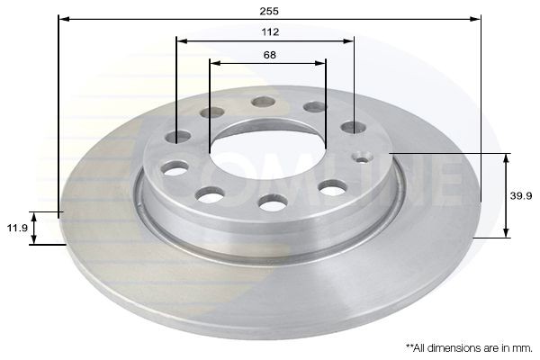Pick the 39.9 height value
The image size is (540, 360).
tap(522, 195)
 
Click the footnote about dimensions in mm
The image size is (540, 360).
tap(469, 346)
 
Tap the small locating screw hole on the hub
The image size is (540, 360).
tap(364, 158)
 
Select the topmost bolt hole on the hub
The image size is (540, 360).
tap(263, 101)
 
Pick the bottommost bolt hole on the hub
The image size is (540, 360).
tap(273, 203)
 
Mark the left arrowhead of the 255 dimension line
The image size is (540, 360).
tap(63, 17)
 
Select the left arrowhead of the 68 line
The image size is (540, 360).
tap(214, 63)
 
